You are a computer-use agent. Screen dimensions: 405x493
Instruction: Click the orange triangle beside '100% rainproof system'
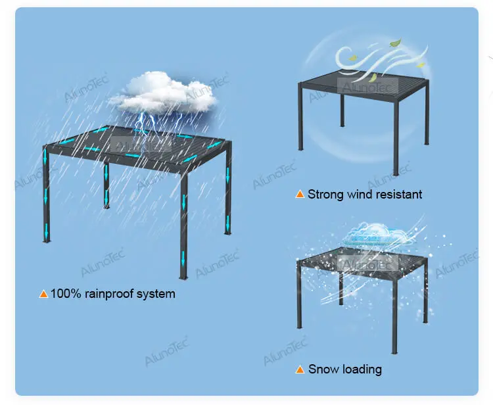(x=43, y=294)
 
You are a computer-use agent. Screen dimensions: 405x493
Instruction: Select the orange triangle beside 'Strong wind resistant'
(x=300, y=195)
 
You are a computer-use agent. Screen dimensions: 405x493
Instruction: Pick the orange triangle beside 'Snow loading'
(x=300, y=370)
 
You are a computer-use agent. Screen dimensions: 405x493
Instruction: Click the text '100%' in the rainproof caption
(x=66, y=294)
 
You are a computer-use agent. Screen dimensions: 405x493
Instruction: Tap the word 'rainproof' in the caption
(x=108, y=294)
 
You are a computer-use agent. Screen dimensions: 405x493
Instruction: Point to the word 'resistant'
(x=399, y=195)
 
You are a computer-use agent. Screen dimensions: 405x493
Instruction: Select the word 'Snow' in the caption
(x=322, y=369)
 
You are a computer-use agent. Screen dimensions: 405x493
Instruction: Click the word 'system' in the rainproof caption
(x=156, y=294)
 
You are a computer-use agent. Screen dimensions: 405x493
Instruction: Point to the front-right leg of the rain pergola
(x=183, y=224)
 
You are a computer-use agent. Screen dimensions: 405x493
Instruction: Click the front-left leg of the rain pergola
(x=46, y=197)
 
